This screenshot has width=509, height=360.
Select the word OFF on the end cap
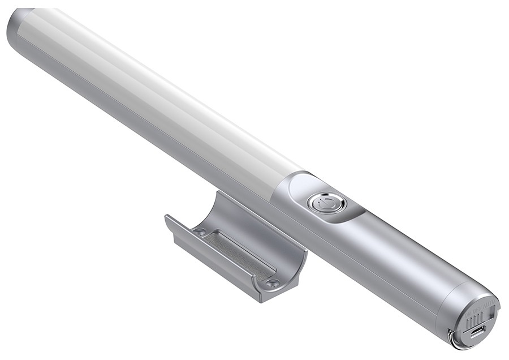pyautogui.click(x=478, y=310)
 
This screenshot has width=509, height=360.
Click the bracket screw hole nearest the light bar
pyautogui.click(x=199, y=232)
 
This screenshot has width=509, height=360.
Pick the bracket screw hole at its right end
pyautogui.click(x=272, y=283)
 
